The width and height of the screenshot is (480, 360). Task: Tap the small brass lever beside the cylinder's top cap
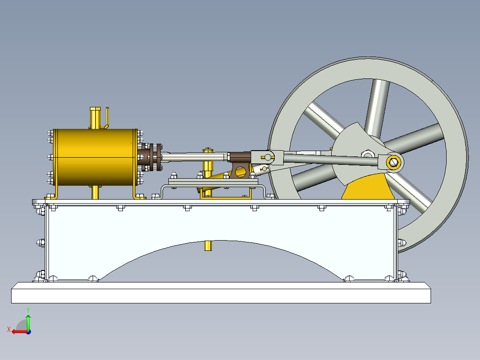(x=107, y=117)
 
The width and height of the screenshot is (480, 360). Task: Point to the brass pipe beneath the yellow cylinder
(x=95, y=192)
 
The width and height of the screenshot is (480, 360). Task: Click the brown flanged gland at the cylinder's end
(x=153, y=156)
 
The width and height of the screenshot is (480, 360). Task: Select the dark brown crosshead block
(x=240, y=157)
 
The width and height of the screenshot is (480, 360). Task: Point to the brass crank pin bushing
(x=393, y=162)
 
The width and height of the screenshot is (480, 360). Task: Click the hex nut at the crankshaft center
(x=367, y=155)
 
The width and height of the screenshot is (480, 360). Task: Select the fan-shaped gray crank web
(x=354, y=147)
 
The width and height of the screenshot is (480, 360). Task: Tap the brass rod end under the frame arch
(x=207, y=245)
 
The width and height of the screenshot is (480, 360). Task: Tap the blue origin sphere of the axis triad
(x=28, y=331)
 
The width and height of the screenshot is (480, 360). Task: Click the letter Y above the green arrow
(x=28, y=309)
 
